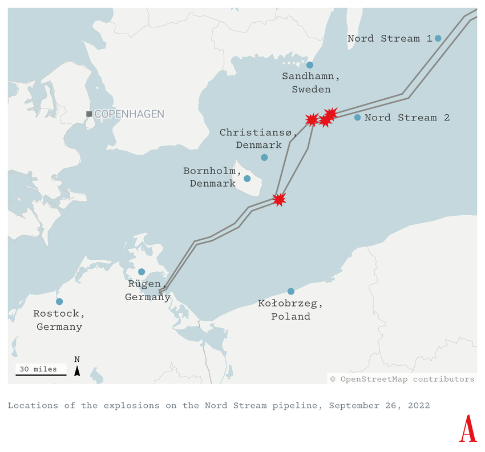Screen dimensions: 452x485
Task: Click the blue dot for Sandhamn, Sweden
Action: (310, 65)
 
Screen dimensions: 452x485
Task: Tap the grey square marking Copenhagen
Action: (89, 114)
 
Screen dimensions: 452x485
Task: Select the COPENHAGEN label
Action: (129, 114)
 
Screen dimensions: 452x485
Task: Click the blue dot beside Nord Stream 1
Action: (438, 38)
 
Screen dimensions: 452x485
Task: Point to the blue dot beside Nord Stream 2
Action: (357, 118)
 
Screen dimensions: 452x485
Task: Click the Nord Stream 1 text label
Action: (390, 38)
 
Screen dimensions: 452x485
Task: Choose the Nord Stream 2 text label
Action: (407, 118)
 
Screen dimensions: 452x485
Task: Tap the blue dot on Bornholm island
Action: (247, 179)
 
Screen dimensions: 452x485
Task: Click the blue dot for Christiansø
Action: (264, 158)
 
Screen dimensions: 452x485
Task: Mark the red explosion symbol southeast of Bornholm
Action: (279, 199)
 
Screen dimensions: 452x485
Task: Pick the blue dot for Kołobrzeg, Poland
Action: (291, 291)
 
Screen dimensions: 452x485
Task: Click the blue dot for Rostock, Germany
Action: (59, 301)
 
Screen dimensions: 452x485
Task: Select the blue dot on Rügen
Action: (142, 272)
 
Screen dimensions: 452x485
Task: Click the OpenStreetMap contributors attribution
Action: (402, 378)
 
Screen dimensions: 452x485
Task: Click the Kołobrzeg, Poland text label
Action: (291, 310)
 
